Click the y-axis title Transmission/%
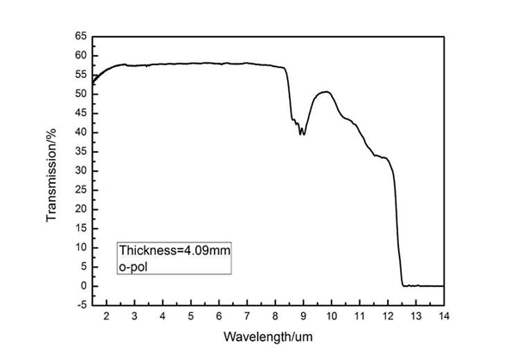click(52, 171)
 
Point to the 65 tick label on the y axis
click(80, 36)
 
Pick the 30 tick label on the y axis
click(80, 171)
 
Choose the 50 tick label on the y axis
click(80, 94)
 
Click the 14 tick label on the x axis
click(444, 317)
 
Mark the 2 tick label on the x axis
click(107, 317)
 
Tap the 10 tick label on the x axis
click(331, 317)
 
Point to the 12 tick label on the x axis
click(388, 317)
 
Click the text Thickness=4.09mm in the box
click(174, 250)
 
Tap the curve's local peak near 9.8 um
click(326, 91)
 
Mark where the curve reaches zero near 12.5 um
click(403, 285)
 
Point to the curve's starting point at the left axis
click(93, 83)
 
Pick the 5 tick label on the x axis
click(191, 317)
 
